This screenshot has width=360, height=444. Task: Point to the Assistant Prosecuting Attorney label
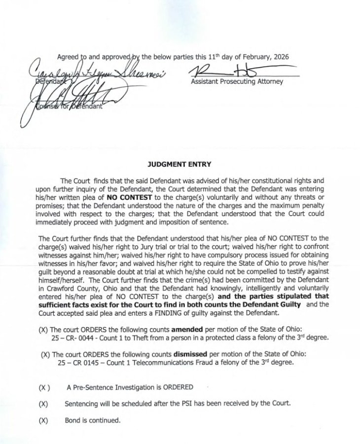pos(237,81)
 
